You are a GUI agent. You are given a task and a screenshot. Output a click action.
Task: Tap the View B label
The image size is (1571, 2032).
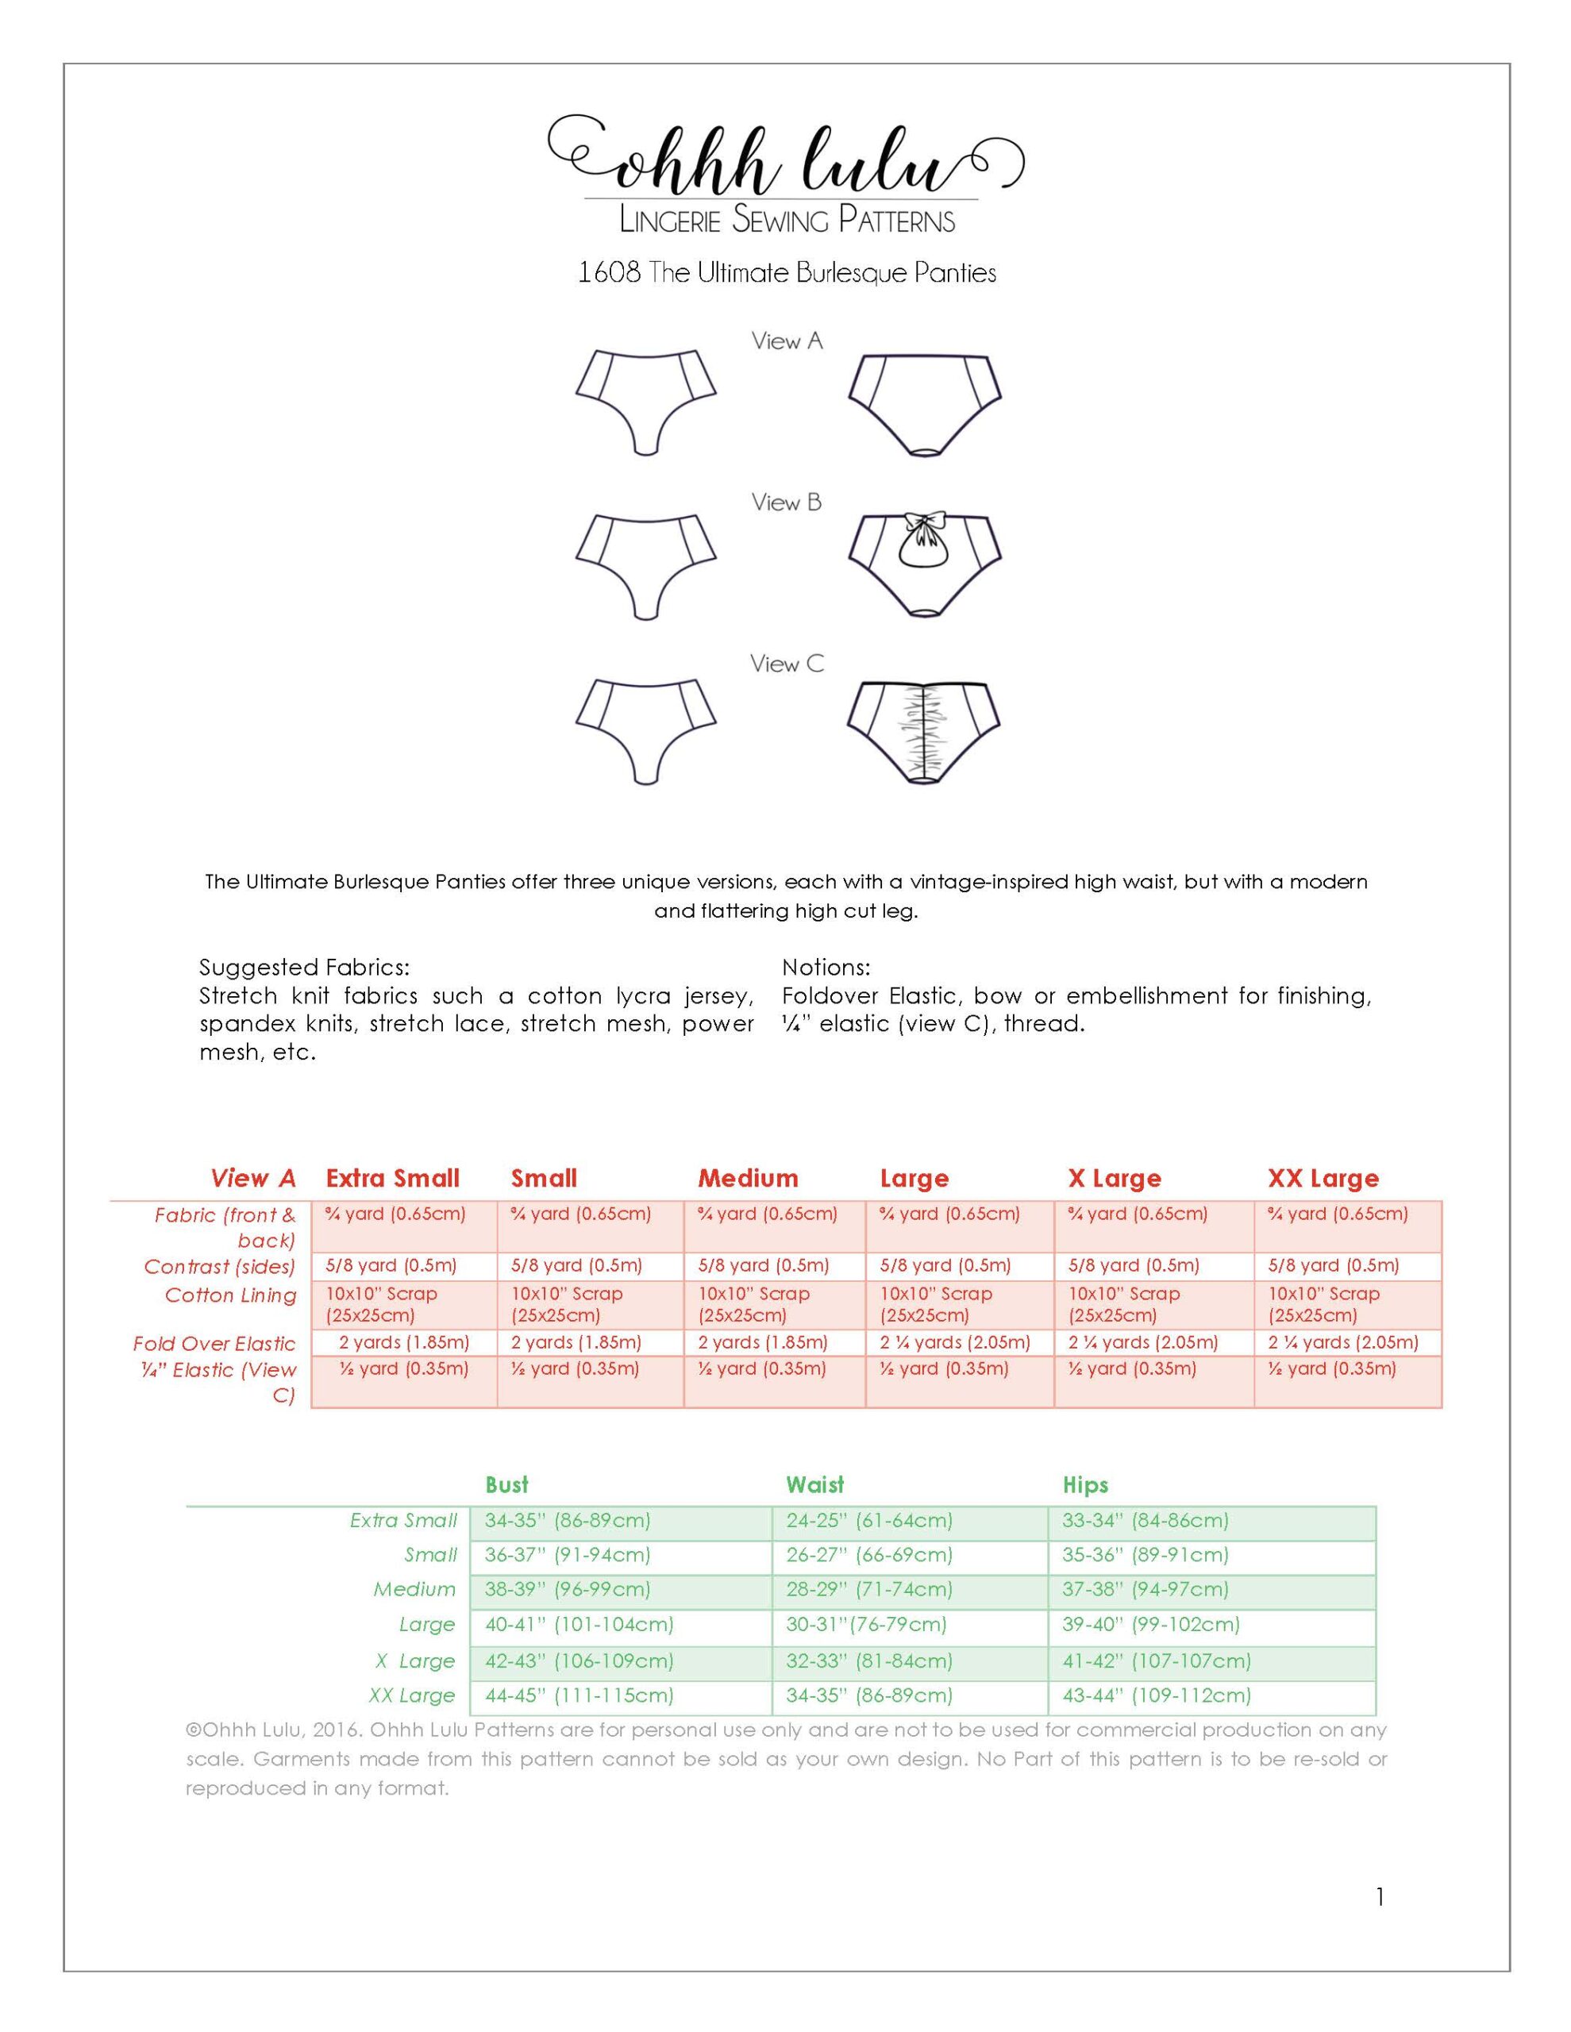click(x=787, y=502)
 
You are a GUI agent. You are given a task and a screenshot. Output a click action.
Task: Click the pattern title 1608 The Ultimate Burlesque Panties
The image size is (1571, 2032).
click(x=787, y=274)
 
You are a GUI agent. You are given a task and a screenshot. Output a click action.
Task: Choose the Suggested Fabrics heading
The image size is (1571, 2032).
click(x=304, y=967)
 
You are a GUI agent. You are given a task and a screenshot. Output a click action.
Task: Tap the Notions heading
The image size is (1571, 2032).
click(x=826, y=967)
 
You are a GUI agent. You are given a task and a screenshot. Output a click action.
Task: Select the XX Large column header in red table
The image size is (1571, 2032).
click(x=1323, y=1178)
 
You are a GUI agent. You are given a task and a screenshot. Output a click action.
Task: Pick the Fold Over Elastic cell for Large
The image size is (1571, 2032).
click(x=955, y=1342)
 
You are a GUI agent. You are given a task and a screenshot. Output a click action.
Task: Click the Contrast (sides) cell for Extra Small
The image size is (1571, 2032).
click(x=391, y=1265)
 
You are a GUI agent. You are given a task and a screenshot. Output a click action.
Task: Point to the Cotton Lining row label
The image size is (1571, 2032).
click(x=231, y=1295)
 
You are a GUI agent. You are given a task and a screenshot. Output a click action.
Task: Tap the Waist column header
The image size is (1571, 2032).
click(x=814, y=1484)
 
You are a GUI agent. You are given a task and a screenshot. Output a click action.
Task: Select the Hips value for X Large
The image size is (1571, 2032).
click(x=1156, y=1660)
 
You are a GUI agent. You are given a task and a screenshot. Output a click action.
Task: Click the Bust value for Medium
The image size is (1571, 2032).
click(x=567, y=1588)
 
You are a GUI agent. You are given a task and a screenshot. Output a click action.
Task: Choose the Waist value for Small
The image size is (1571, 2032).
click(x=868, y=1554)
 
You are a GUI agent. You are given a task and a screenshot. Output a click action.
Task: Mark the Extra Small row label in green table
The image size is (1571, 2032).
click(x=403, y=1520)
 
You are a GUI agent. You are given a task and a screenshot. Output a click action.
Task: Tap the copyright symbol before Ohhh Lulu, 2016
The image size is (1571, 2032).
click(x=194, y=1730)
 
